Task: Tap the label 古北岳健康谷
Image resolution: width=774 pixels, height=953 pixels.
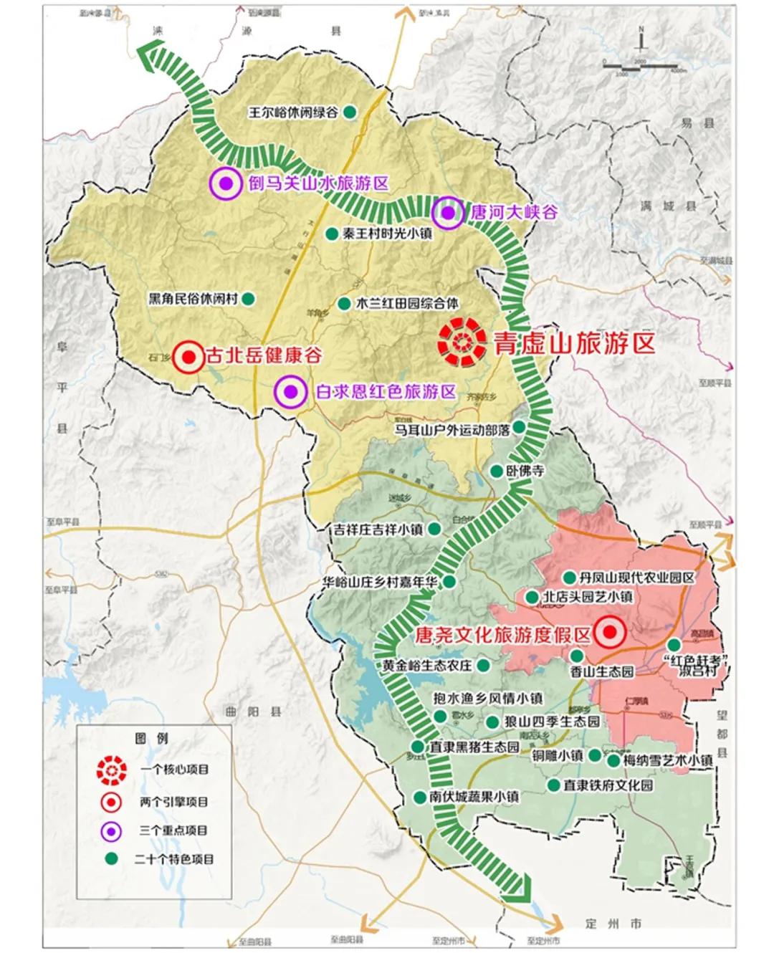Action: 264,355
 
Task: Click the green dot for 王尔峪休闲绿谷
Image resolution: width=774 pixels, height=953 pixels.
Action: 350,112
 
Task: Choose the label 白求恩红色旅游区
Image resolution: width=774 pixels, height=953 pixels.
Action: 386,391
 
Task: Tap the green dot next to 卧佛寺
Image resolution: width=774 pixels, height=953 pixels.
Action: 496,471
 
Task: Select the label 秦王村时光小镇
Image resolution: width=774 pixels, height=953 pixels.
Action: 387,234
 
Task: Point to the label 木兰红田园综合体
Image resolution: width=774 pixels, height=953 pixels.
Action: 407,303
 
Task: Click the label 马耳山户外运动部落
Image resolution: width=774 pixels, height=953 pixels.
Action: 452,429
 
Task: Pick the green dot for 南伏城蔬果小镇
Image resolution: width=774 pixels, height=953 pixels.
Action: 420,797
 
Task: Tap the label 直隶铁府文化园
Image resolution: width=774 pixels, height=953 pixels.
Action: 608,785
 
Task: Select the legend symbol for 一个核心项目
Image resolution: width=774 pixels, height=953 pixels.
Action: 112,770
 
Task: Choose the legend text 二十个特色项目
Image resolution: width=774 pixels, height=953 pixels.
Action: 173,858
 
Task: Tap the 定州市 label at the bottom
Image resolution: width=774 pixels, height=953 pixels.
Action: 613,924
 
